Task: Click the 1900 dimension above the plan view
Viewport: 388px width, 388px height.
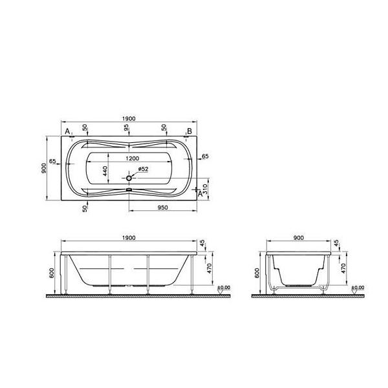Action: coord(129,119)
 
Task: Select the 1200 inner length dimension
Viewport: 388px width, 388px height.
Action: coord(133,158)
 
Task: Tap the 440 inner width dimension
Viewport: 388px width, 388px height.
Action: coord(105,171)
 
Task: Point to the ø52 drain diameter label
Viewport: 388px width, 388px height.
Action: coord(143,169)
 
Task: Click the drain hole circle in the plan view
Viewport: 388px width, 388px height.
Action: coord(129,178)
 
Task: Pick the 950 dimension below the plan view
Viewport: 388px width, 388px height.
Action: coord(163,208)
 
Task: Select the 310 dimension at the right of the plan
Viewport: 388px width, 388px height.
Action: coord(204,189)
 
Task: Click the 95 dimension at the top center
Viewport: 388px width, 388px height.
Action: coord(127,127)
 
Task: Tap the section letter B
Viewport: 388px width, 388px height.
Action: coord(189,131)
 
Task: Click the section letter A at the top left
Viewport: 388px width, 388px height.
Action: coord(67,131)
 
